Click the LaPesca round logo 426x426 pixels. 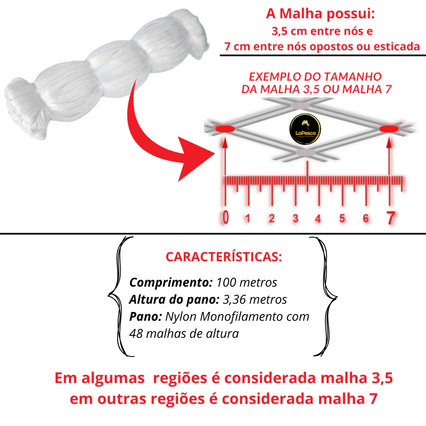(305, 129)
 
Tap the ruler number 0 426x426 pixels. (225, 218)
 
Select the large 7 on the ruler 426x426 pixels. (391, 218)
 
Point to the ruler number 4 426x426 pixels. (318, 219)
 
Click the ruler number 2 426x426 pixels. (272, 219)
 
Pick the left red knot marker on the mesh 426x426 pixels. (225, 129)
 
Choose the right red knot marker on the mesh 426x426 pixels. (389, 129)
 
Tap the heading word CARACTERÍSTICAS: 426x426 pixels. (224, 257)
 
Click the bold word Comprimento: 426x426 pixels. (171, 283)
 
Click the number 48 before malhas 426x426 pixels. (136, 334)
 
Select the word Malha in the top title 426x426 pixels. (301, 13)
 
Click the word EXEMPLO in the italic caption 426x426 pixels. (275, 77)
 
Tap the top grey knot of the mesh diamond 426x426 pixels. (300, 105)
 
